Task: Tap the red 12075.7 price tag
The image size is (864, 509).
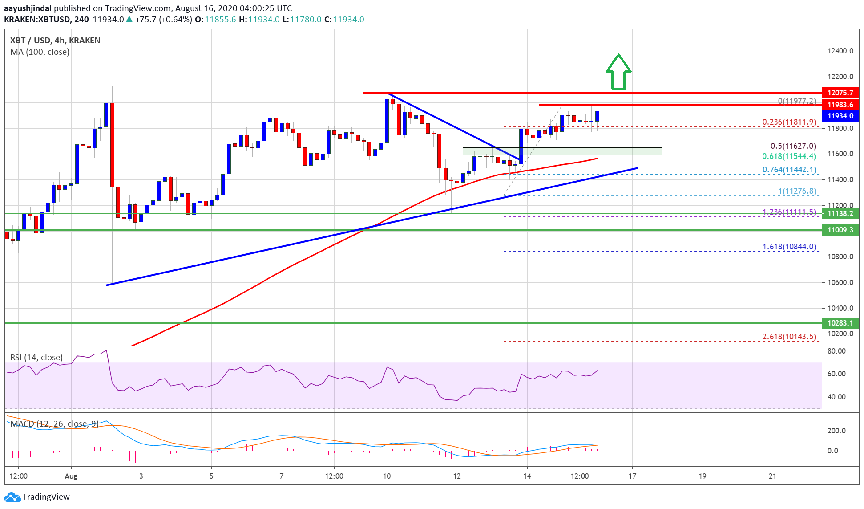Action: pyautogui.click(x=840, y=93)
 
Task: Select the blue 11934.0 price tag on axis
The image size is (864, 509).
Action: pyautogui.click(x=840, y=116)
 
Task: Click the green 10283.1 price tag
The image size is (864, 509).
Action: pyautogui.click(x=840, y=323)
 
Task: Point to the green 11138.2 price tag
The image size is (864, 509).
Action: pyautogui.click(x=840, y=213)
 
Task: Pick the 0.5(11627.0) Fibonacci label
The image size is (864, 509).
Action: pyautogui.click(x=793, y=146)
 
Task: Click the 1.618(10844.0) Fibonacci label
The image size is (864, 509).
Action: pyautogui.click(x=789, y=247)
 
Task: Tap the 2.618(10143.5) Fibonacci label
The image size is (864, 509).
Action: pyautogui.click(x=789, y=337)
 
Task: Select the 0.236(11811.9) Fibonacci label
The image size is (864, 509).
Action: pyautogui.click(x=789, y=122)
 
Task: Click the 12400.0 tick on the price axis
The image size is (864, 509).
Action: pyautogui.click(x=840, y=51)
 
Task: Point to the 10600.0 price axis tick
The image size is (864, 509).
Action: pyautogui.click(x=840, y=282)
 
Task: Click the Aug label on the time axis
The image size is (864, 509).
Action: pyautogui.click(x=71, y=476)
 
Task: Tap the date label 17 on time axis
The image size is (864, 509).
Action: pyautogui.click(x=632, y=476)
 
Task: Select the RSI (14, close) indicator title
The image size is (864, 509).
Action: pyautogui.click(x=36, y=357)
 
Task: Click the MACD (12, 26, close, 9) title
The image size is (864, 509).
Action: pyautogui.click(x=54, y=423)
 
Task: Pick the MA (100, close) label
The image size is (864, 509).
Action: pyautogui.click(x=40, y=52)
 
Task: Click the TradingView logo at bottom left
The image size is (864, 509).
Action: pyautogui.click(x=37, y=497)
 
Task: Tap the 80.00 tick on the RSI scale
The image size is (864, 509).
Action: pyautogui.click(x=836, y=351)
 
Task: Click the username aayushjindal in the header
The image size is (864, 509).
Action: pyautogui.click(x=28, y=8)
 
